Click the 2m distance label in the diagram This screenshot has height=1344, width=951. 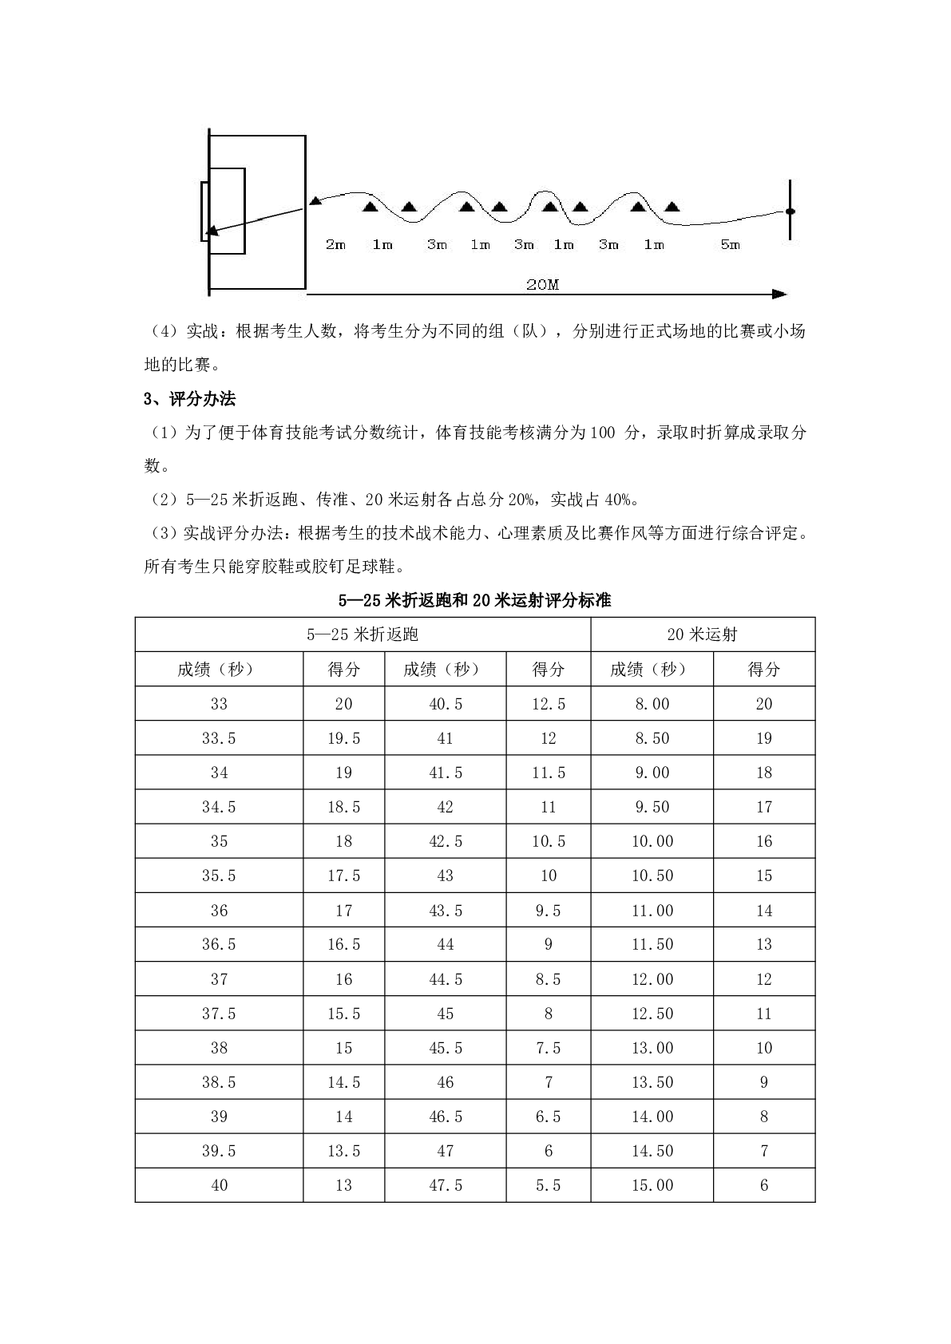click(x=335, y=244)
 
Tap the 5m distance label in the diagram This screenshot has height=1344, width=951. click(x=731, y=244)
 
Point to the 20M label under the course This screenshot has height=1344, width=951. click(x=543, y=284)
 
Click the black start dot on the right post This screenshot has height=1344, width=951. click(x=791, y=211)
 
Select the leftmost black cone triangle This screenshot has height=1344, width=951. click(x=370, y=208)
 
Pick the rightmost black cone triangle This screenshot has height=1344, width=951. click(x=672, y=208)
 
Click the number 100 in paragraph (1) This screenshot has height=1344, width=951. click(x=603, y=433)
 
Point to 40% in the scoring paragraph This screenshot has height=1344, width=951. click(x=620, y=500)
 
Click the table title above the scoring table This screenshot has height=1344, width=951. click(x=475, y=600)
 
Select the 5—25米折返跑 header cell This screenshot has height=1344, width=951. click(x=363, y=634)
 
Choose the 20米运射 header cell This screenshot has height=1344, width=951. click(x=703, y=634)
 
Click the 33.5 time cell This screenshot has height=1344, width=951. click(x=219, y=738)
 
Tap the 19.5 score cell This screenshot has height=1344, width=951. click(x=344, y=738)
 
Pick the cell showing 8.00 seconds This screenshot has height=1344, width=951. click(x=652, y=704)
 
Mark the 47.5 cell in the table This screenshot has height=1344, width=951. click(x=446, y=1185)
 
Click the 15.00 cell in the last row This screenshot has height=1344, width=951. click(x=652, y=1185)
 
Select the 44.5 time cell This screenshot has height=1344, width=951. click(x=446, y=979)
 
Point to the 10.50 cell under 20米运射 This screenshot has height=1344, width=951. click(x=652, y=876)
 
